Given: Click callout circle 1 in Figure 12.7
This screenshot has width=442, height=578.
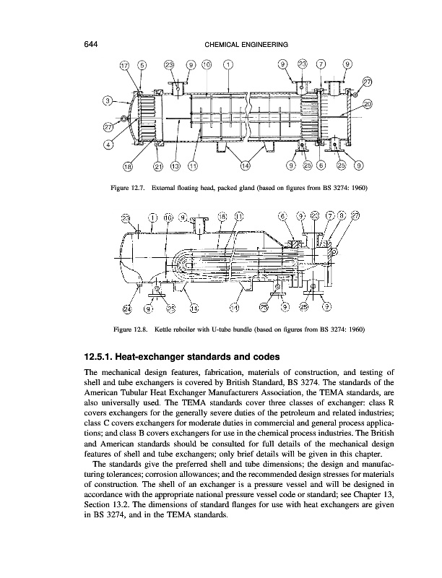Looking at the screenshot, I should [229, 64].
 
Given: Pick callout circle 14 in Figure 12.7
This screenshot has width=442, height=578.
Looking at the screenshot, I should [246, 168].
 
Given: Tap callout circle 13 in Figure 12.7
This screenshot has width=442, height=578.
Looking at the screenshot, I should [175, 168].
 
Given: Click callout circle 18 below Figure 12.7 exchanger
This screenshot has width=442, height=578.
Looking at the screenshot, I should [128, 168].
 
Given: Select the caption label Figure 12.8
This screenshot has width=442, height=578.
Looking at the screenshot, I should [128, 329].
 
